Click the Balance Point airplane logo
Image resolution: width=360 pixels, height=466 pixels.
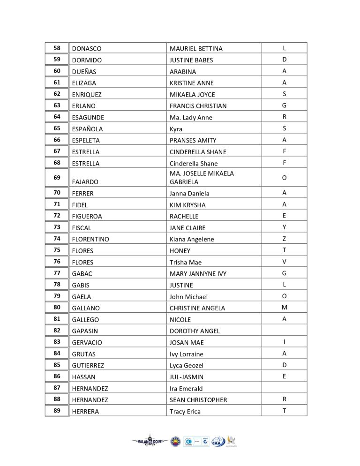pos(150,441)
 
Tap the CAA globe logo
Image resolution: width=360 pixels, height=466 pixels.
pos(218,442)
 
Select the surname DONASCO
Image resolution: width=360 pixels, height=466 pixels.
pos(87,49)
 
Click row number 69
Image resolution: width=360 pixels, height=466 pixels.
pos(57,178)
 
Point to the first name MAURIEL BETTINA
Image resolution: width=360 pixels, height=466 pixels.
pos(196,49)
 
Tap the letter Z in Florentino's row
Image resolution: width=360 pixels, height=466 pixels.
pos(284,239)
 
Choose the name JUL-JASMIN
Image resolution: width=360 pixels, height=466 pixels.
pos(187,377)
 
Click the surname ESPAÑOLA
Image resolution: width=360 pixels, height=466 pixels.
pos(88,129)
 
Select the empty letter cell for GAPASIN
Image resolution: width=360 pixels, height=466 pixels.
pos(284,331)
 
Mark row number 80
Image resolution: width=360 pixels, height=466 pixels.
pos(57,308)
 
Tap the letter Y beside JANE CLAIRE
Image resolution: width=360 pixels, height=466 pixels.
pos(284,227)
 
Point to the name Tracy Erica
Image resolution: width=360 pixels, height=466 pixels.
pos(185,412)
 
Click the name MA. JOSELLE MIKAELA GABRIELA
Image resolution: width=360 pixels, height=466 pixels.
pos(202,178)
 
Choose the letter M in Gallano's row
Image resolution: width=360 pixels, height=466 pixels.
pos(284,308)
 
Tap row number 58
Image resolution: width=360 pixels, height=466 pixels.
pos(57,48)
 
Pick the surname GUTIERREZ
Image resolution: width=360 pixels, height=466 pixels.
pos(88,365)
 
